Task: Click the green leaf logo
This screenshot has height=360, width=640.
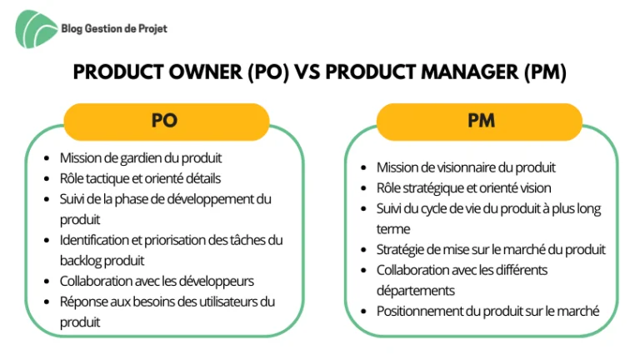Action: [36, 29]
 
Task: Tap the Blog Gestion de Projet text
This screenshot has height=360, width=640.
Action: [114, 29]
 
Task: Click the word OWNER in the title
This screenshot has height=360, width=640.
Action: [205, 72]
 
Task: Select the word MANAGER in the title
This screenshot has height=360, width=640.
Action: [469, 72]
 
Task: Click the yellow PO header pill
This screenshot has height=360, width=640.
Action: [166, 121]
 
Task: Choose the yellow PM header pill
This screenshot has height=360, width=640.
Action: [479, 121]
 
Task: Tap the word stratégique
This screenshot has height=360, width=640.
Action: [435, 188]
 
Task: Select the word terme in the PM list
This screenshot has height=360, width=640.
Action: [393, 229]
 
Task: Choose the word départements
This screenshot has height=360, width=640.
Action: [416, 291]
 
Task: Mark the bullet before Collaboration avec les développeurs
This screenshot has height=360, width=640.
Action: [47, 282]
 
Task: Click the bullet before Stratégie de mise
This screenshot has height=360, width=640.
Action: [363, 250]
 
